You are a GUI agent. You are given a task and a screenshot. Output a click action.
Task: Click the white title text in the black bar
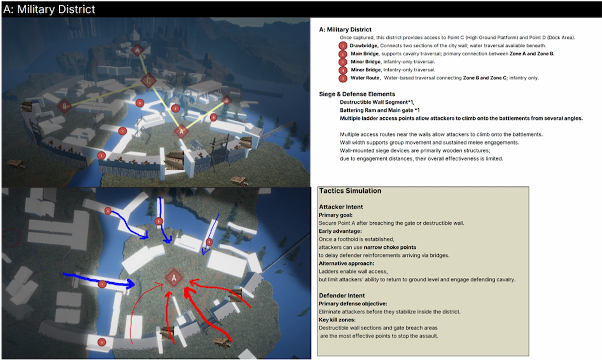coord(49,9)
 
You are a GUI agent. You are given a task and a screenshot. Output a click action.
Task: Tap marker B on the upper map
coord(64,106)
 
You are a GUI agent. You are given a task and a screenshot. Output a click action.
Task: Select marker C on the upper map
coord(148,81)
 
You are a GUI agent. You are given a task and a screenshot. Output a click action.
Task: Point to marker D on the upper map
coord(227,100)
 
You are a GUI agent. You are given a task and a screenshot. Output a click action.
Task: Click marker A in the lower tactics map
coord(174,278)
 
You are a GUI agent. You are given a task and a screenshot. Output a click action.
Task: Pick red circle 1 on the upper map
coord(101,156)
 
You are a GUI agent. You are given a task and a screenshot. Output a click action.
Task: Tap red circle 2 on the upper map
coord(123,131)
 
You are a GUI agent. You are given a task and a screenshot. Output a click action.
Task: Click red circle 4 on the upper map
coord(213,117)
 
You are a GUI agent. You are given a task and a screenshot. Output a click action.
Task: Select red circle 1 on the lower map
coord(102,342)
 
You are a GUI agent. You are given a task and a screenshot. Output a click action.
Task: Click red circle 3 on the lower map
coord(159,221)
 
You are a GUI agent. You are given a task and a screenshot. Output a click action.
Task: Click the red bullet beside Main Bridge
coord(343,54)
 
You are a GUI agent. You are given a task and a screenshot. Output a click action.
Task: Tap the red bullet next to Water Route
coord(343,78)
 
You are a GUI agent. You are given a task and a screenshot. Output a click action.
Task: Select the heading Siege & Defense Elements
coord(357,94)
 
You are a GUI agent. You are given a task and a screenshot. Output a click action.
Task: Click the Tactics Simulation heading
coord(350,191)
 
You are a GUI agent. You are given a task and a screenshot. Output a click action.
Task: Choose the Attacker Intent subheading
coord(341,207)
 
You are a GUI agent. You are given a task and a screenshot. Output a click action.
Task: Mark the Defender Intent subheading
coord(342,296)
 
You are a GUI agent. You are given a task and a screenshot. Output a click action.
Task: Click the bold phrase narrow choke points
coord(390,247)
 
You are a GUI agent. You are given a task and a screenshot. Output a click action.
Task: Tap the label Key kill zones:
coord(337,320)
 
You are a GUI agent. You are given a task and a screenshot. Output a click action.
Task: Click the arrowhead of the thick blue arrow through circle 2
coord(131,284)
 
